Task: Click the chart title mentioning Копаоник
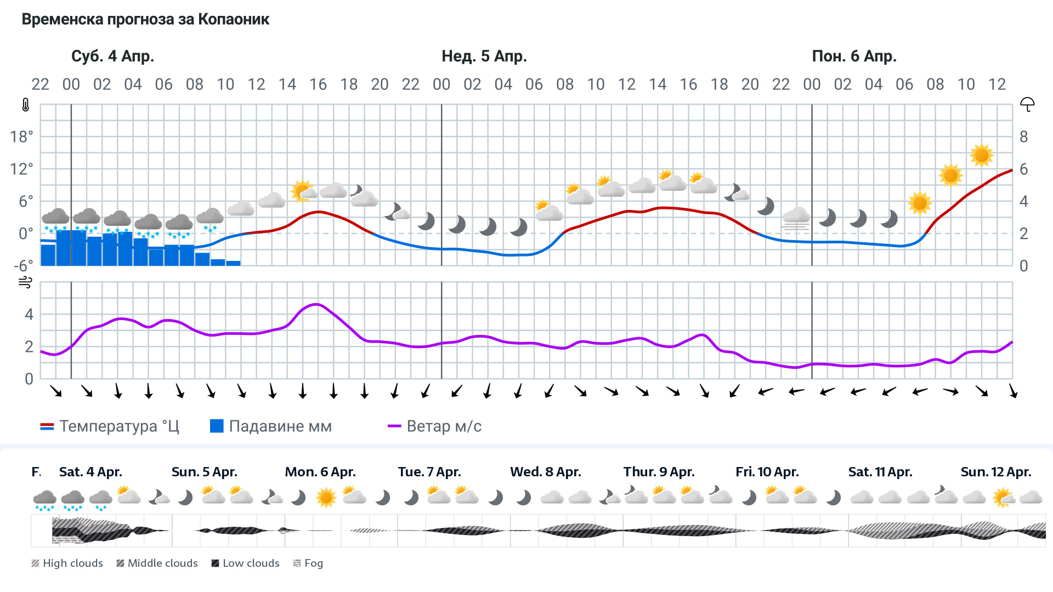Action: [145, 20]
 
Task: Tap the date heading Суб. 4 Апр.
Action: [112, 56]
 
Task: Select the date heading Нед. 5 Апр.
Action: [484, 56]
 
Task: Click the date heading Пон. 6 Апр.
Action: [854, 56]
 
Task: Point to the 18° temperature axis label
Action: [21, 137]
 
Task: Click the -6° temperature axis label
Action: [23, 266]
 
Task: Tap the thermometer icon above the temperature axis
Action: [26, 105]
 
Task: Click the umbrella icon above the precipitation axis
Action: [1027, 104]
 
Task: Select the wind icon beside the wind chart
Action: [25, 283]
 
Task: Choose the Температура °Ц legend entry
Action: [110, 426]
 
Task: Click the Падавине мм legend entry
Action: [271, 426]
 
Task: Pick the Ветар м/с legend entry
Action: [434, 426]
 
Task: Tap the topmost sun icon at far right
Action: [981, 156]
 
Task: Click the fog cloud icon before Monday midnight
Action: [796, 218]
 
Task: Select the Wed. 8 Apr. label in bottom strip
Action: [545, 472]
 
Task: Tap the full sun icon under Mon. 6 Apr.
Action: [326, 498]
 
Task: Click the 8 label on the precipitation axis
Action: [1023, 137]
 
